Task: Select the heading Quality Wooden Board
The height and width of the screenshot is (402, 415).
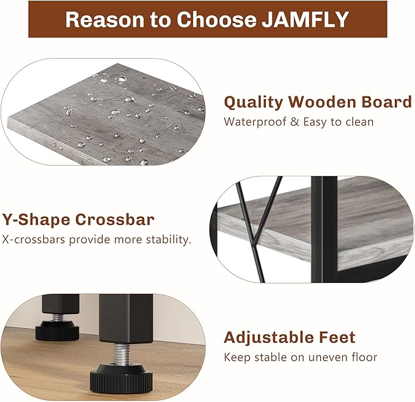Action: (318, 101)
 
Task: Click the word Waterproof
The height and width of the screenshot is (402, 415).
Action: (253, 122)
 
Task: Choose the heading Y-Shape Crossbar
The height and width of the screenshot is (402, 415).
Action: (78, 219)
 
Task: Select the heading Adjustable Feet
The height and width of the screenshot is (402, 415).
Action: (289, 337)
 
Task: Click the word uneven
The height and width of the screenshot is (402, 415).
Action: (332, 357)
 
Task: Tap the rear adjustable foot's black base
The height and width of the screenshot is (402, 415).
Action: (57, 332)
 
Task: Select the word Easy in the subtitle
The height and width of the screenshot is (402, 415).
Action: (310, 122)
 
